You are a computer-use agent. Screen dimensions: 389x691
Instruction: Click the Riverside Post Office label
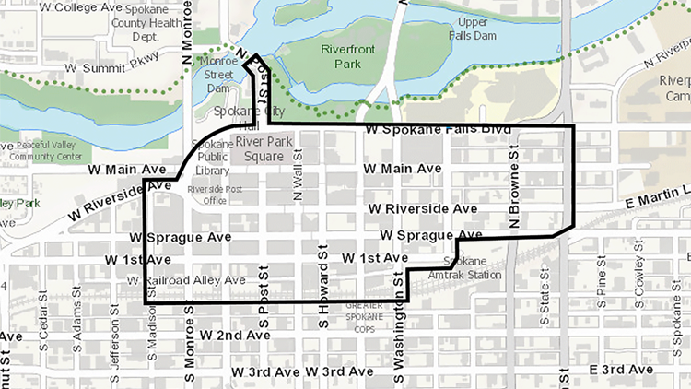[x=206, y=194]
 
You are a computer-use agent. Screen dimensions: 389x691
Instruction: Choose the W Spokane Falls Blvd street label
[x=438, y=131]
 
